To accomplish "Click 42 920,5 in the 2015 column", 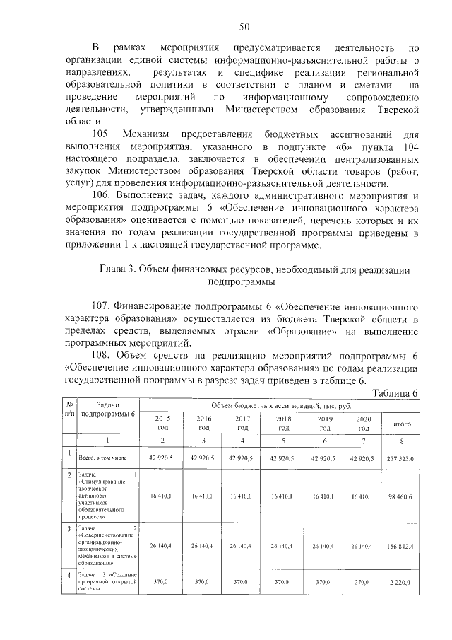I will (162, 459).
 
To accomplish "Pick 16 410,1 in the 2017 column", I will (242, 497).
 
